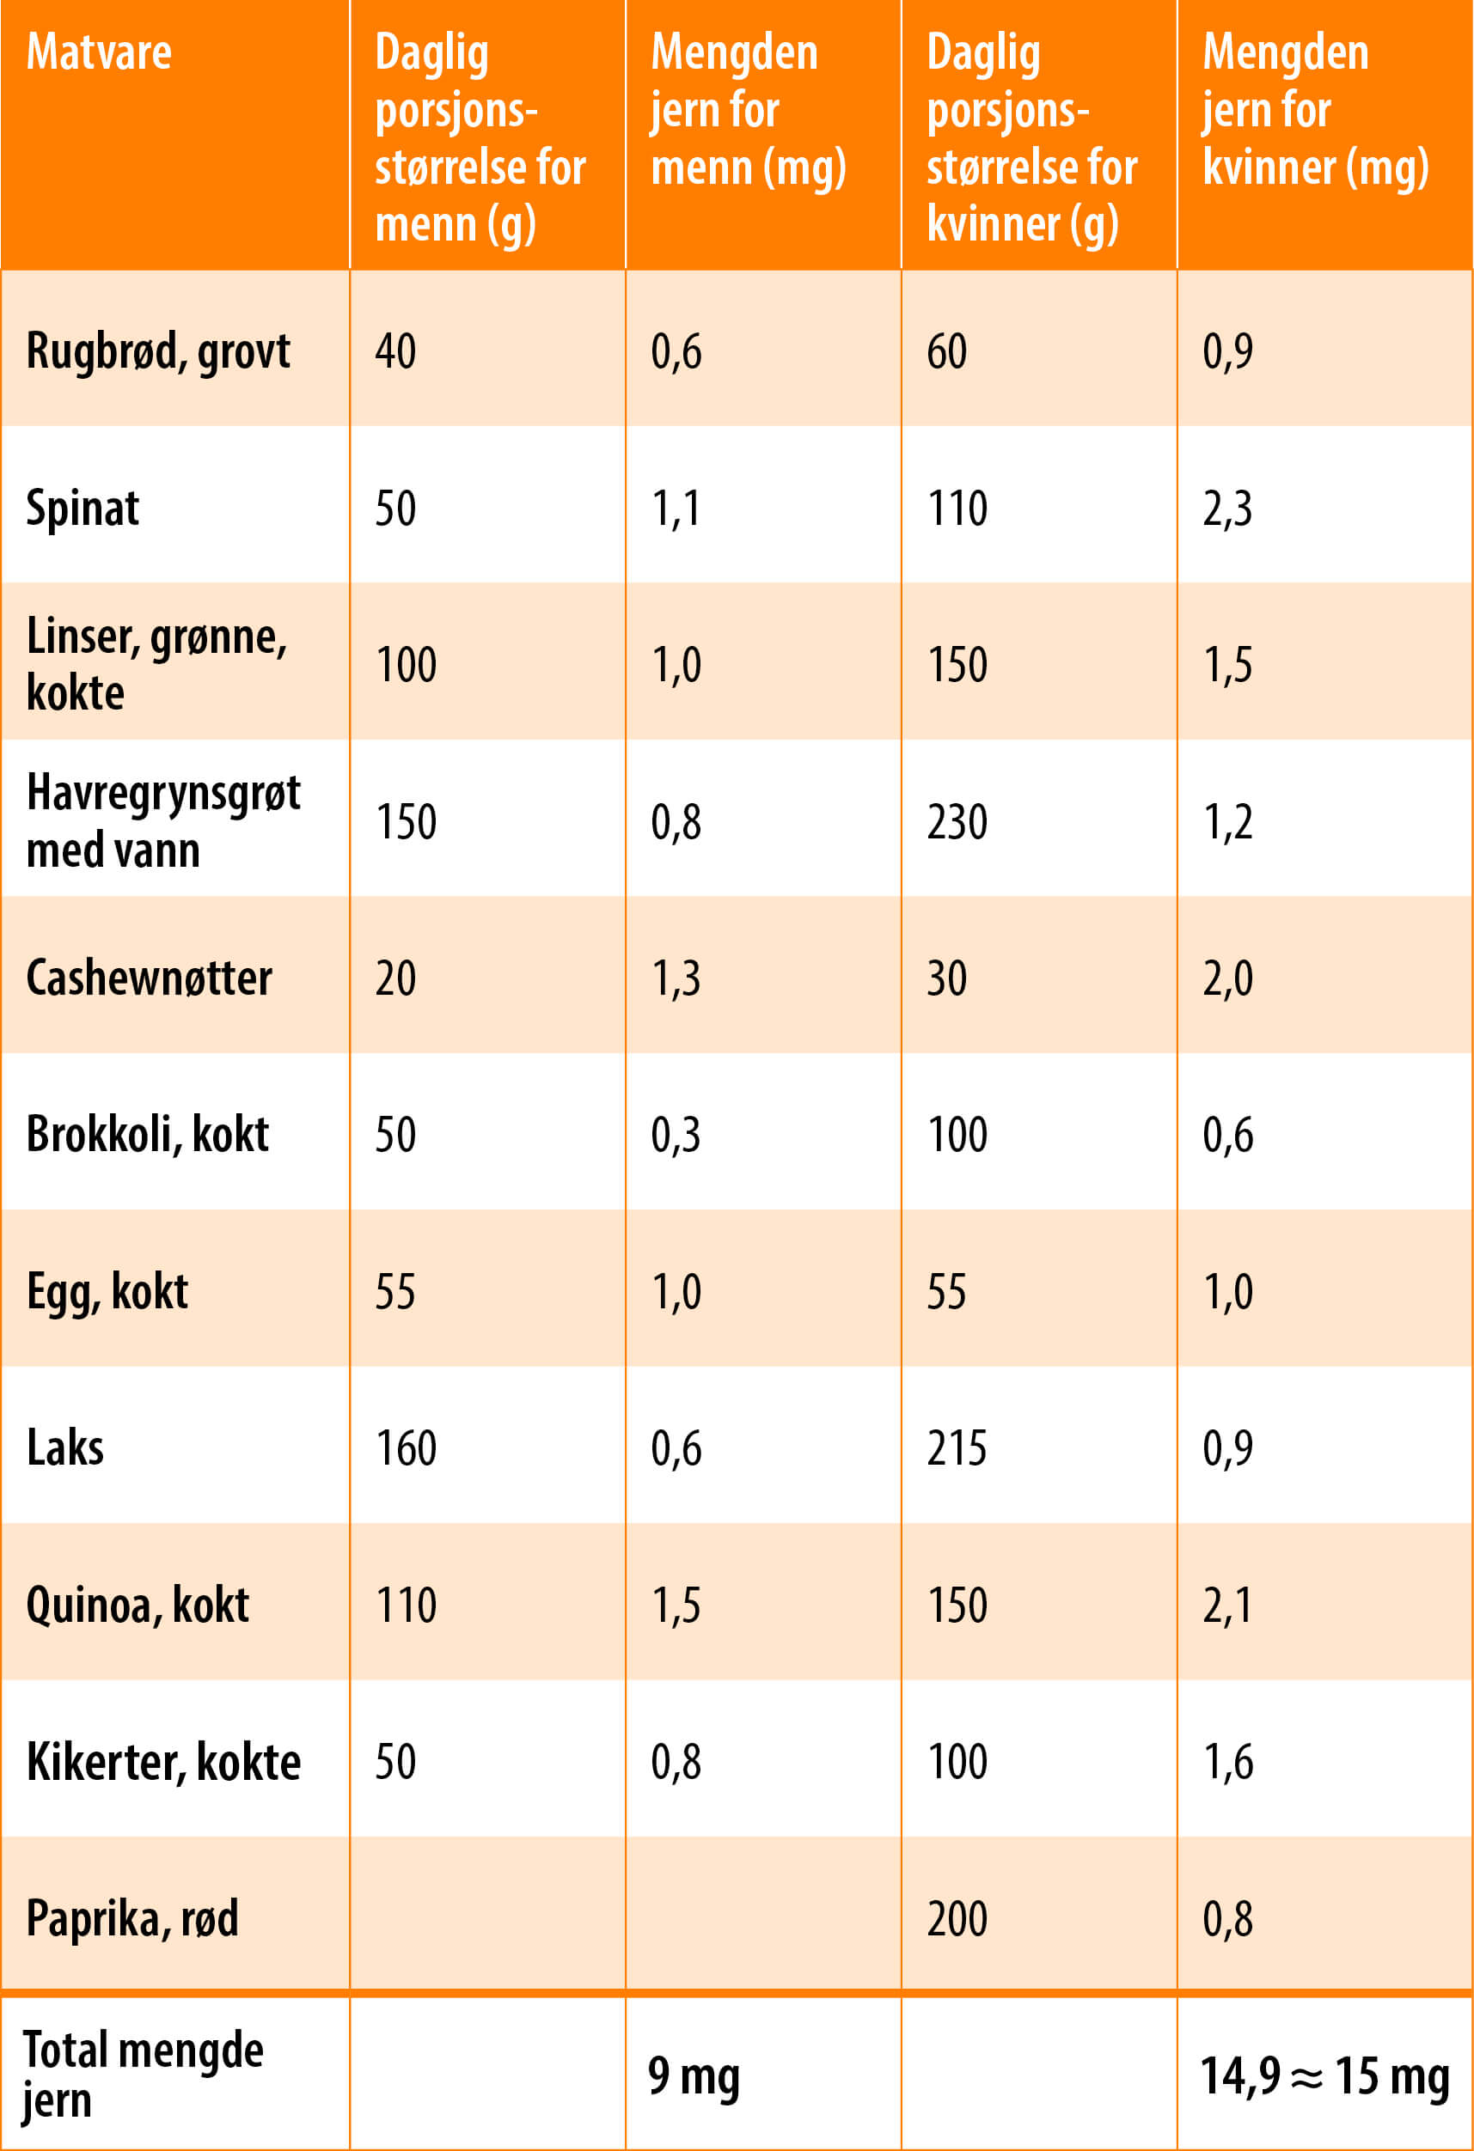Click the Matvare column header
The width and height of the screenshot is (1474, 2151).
(99, 52)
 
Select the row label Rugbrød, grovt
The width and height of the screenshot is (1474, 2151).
(157, 351)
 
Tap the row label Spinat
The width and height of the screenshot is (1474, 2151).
(83, 509)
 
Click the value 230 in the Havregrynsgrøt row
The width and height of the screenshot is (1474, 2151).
(957, 822)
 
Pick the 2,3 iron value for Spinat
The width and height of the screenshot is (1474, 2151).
(1226, 509)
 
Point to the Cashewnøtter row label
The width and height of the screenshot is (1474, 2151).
(149, 978)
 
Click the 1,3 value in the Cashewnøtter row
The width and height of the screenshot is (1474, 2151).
(676, 978)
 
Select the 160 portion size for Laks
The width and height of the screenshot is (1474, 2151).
(406, 1448)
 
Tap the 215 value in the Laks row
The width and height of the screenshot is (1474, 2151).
(957, 1448)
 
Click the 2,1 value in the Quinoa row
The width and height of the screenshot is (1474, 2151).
(1226, 1605)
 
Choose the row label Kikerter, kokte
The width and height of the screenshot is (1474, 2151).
(163, 1761)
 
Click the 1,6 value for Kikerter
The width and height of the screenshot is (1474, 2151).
(1227, 1761)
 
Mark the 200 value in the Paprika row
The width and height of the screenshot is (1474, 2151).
(957, 1919)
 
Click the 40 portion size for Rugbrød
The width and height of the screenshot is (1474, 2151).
(395, 351)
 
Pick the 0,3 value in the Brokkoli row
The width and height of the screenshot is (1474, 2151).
(676, 1135)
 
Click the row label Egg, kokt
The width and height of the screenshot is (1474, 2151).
(107, 1292)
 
